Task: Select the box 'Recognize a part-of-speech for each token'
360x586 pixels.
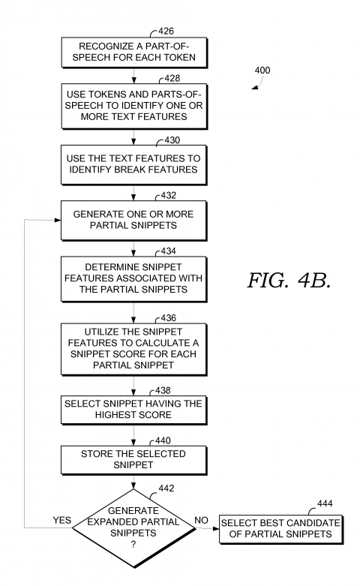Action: (x=133, y=52)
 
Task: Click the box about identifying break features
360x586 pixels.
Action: (x=133, y=164)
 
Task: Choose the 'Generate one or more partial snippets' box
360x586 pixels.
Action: (x=133, y=220)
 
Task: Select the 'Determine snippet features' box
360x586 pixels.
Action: (x=133, y=278)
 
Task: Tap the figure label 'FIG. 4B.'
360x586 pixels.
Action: (x=288, y=282)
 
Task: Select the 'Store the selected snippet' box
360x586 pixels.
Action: (x=133, y=460)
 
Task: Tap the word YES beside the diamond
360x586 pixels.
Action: (x=61, y=519)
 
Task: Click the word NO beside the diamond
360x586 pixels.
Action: (x=201, y=518)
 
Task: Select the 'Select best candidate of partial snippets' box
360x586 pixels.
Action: (x=280, y=527)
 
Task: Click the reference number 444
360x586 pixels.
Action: (x=325, y=503)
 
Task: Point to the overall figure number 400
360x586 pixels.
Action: (x=263, y=71)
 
